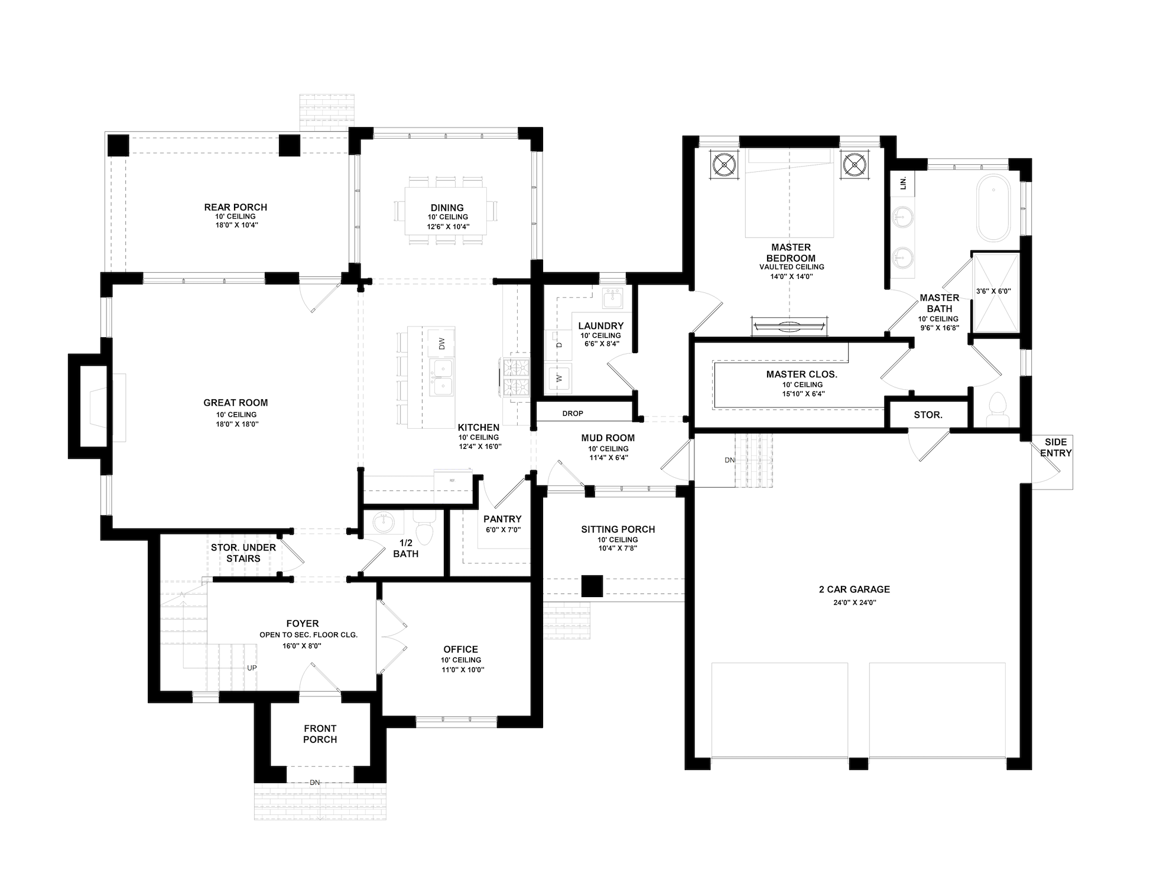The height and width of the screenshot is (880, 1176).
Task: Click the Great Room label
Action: [x=235, y=403]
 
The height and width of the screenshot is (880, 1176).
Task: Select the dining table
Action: [x=446, y=210]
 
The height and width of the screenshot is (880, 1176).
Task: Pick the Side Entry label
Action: [x=1055, y=448]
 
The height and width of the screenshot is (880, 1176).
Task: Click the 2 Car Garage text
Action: [x=854, y=589]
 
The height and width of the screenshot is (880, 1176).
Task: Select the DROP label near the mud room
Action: [x=572, y=413]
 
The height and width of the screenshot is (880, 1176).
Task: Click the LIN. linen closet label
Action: [x=902, y=184]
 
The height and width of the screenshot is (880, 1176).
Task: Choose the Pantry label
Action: [x=502, y=519]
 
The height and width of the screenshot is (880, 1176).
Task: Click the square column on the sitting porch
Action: [x=592, y=586]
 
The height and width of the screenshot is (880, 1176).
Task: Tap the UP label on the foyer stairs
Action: [x=252, y=668]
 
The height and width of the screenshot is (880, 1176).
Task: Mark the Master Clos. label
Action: [x=801, y=374]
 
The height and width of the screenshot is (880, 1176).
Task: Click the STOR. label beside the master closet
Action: [x=928, y=415]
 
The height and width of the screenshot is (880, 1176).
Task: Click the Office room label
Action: [x=460, y=650]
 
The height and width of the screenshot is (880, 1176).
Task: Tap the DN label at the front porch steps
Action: [x=315, y=783]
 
